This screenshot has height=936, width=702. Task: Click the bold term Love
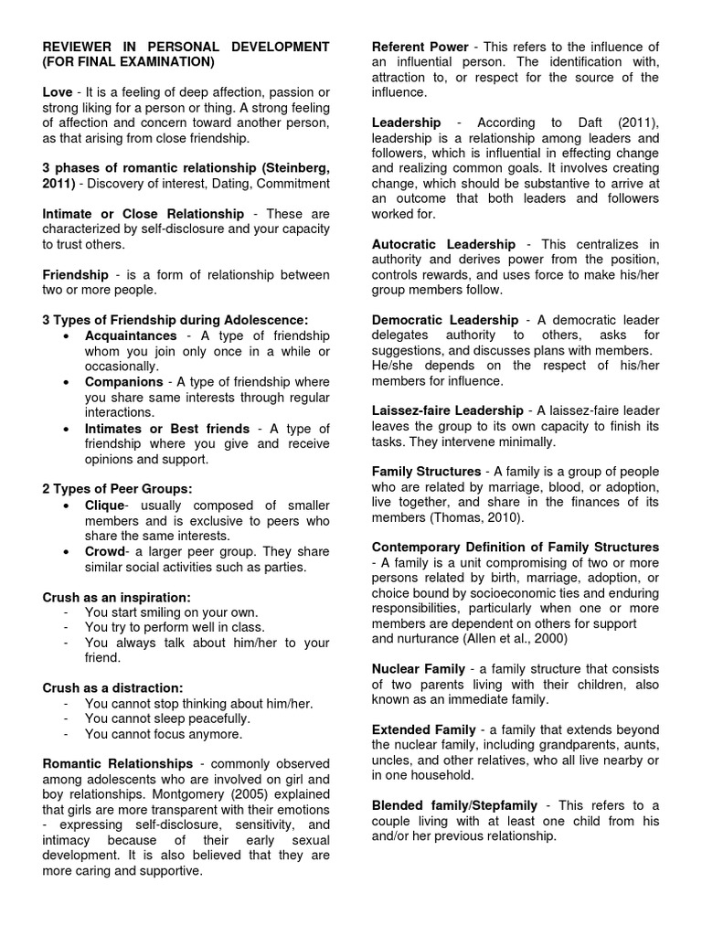[x=58, y=93]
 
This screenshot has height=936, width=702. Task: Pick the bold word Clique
[x=104, y=505]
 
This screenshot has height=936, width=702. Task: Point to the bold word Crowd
[x=104, y=551]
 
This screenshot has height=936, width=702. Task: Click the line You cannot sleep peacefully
[x=167, y=718]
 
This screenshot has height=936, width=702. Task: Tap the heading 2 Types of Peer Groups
[x=118, y=488]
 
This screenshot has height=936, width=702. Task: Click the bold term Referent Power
[x=420, y=47]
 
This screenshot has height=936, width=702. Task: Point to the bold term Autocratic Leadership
[x=443, y=244]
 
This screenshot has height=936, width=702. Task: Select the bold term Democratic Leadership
[x=445, y=320]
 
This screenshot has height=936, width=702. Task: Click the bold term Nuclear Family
[x=419, y=668]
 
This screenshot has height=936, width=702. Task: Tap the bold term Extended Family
[x=424, y=729]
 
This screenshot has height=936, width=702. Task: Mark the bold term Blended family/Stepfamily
[x=453, y=805]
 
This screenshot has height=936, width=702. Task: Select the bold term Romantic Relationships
[x=118, y=763]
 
